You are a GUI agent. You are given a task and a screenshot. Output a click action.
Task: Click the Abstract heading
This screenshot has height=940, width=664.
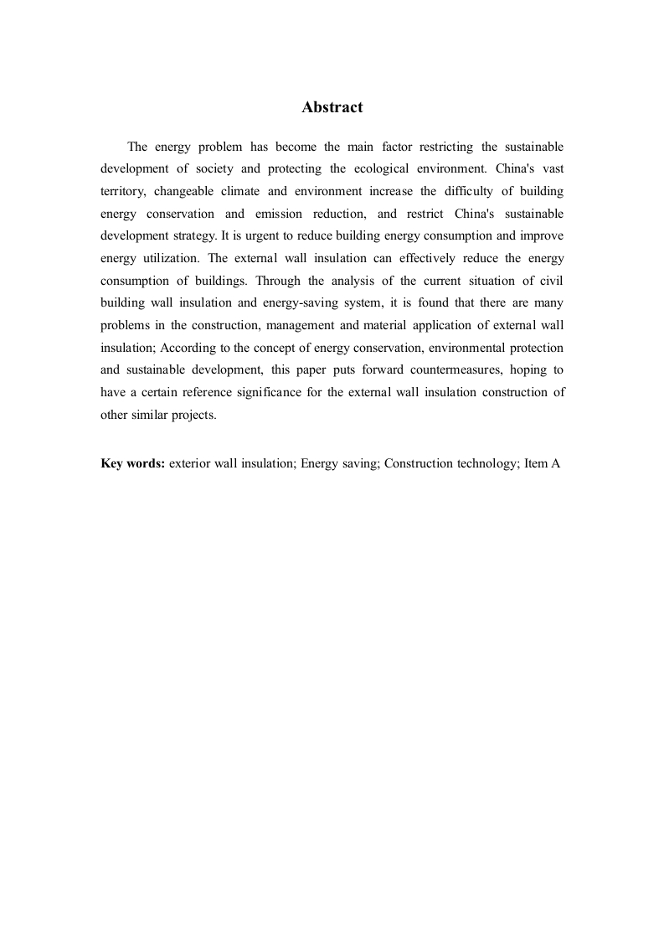pyautogui.click(x=332, y=107)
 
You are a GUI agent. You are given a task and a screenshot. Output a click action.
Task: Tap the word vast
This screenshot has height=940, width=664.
pyautogui.click(x=553, y=168)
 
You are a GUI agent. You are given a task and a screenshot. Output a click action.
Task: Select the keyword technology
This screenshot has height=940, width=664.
pyautogui.click(x=487, y=462)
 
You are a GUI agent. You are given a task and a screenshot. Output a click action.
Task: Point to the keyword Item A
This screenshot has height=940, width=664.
pyautogui.click(x=542, y=462)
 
